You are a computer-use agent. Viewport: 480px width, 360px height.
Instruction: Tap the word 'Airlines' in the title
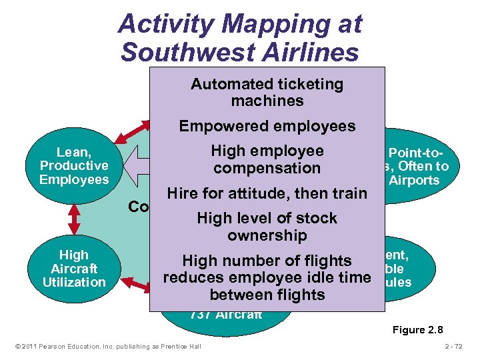coord(309,51)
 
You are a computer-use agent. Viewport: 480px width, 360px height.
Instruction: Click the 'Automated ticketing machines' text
coord(267,93)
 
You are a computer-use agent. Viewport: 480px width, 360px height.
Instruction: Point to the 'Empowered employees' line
coord(267,126)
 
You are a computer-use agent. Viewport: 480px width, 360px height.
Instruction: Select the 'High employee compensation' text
coord(267,160)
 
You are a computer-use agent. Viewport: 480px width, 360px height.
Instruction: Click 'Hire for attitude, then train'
coord(267,194)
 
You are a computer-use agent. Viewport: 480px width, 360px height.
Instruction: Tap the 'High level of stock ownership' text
coord(267,227)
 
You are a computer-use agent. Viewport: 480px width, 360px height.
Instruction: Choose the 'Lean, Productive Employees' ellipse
coord(73,166)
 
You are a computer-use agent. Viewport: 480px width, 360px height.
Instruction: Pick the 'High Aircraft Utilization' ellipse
coord(73,268)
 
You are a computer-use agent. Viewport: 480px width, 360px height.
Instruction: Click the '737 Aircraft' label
coord(226,315)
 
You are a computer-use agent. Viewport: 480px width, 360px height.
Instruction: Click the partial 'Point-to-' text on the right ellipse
coord(413,153)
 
